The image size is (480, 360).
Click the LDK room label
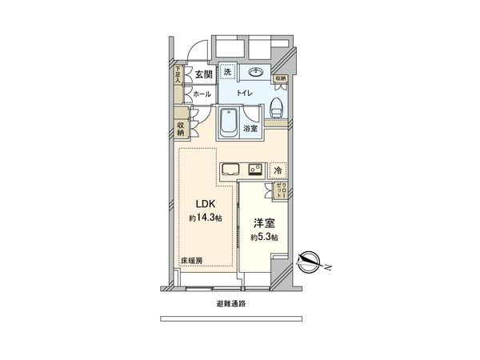coord(197,203)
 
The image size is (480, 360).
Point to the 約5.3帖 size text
coord(263,238)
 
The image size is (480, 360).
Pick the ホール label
coord(201,94)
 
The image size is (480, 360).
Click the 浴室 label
coord(250,128)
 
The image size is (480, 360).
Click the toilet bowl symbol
coord(275,105)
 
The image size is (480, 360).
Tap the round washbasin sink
coord(256,73)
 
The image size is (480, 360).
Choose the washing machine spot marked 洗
coord(227,73)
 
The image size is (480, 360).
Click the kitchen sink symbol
coord(230,170)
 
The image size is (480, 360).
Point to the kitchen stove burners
coord(255,170)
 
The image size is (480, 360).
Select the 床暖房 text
coord(190,262)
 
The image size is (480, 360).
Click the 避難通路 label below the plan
coord(230,304)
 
